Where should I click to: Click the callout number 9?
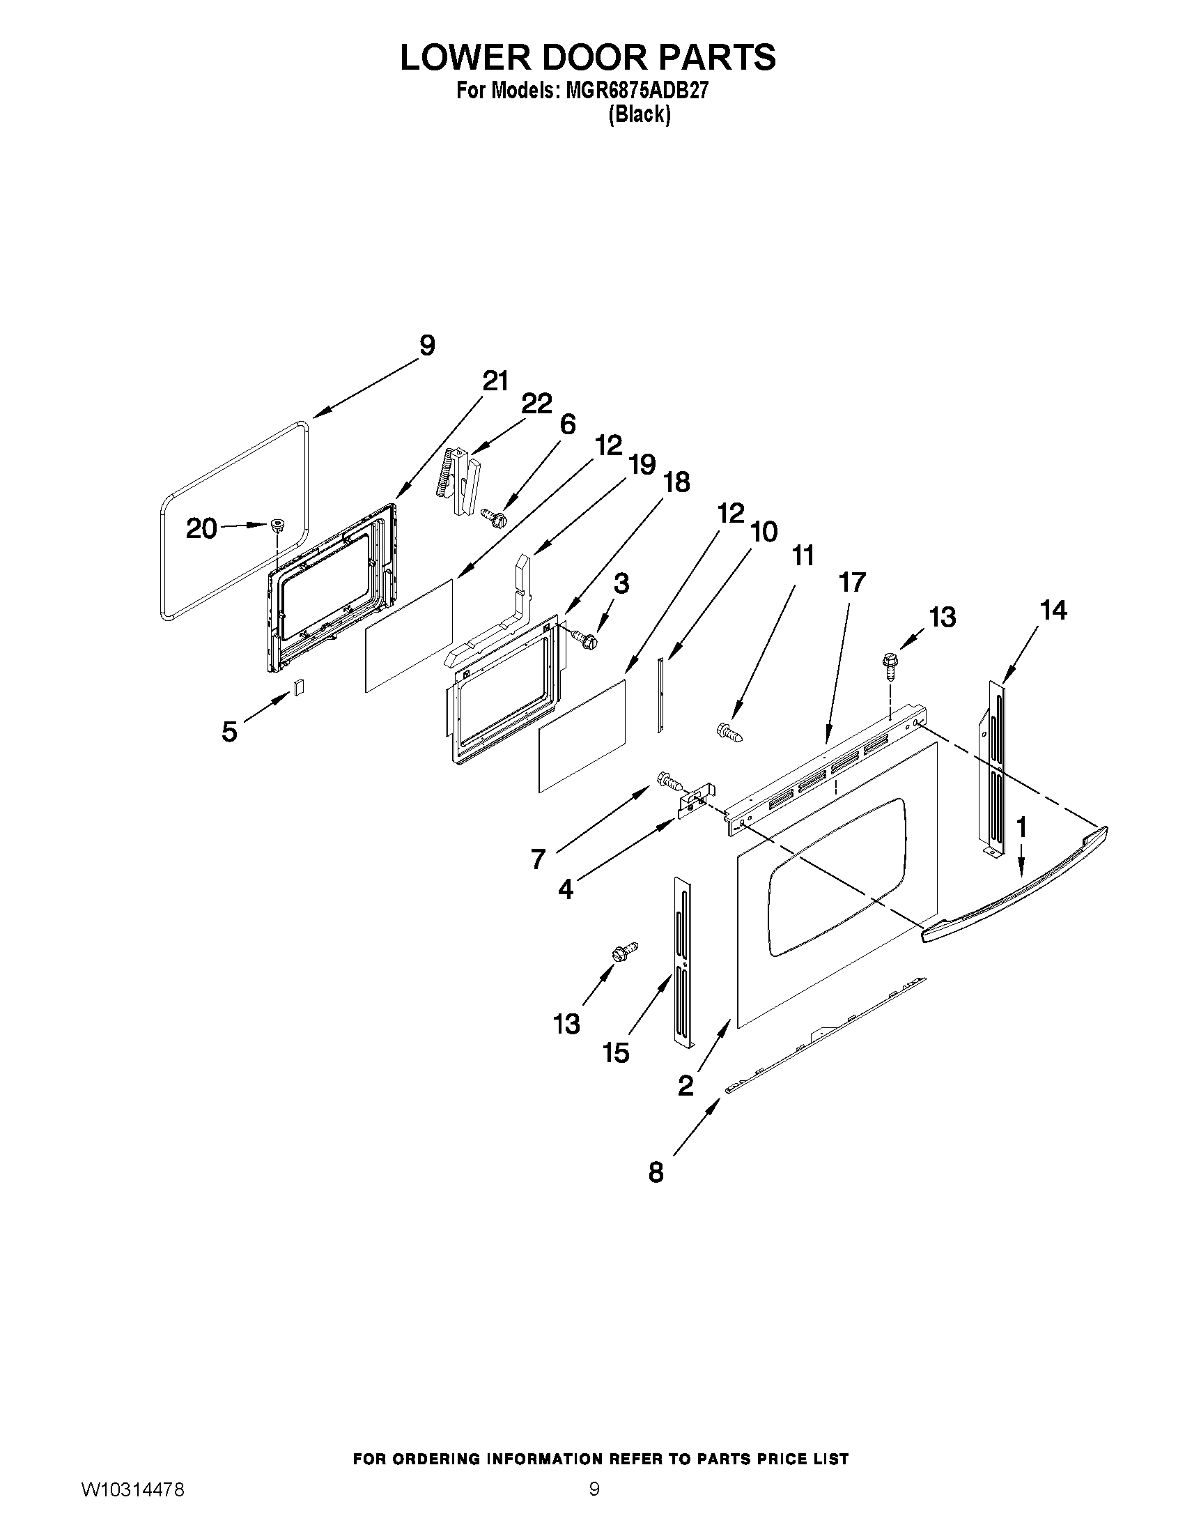[427, 346]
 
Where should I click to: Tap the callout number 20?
[201, 528]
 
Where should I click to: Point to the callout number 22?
[536, 404]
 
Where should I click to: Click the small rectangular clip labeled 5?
[298, 687]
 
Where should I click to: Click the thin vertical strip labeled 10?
[660, 696]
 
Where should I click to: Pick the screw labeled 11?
[729, 732]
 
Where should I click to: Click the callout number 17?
[852, 582]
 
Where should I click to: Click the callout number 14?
[1053, 611]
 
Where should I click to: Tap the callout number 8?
[656, 1172]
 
